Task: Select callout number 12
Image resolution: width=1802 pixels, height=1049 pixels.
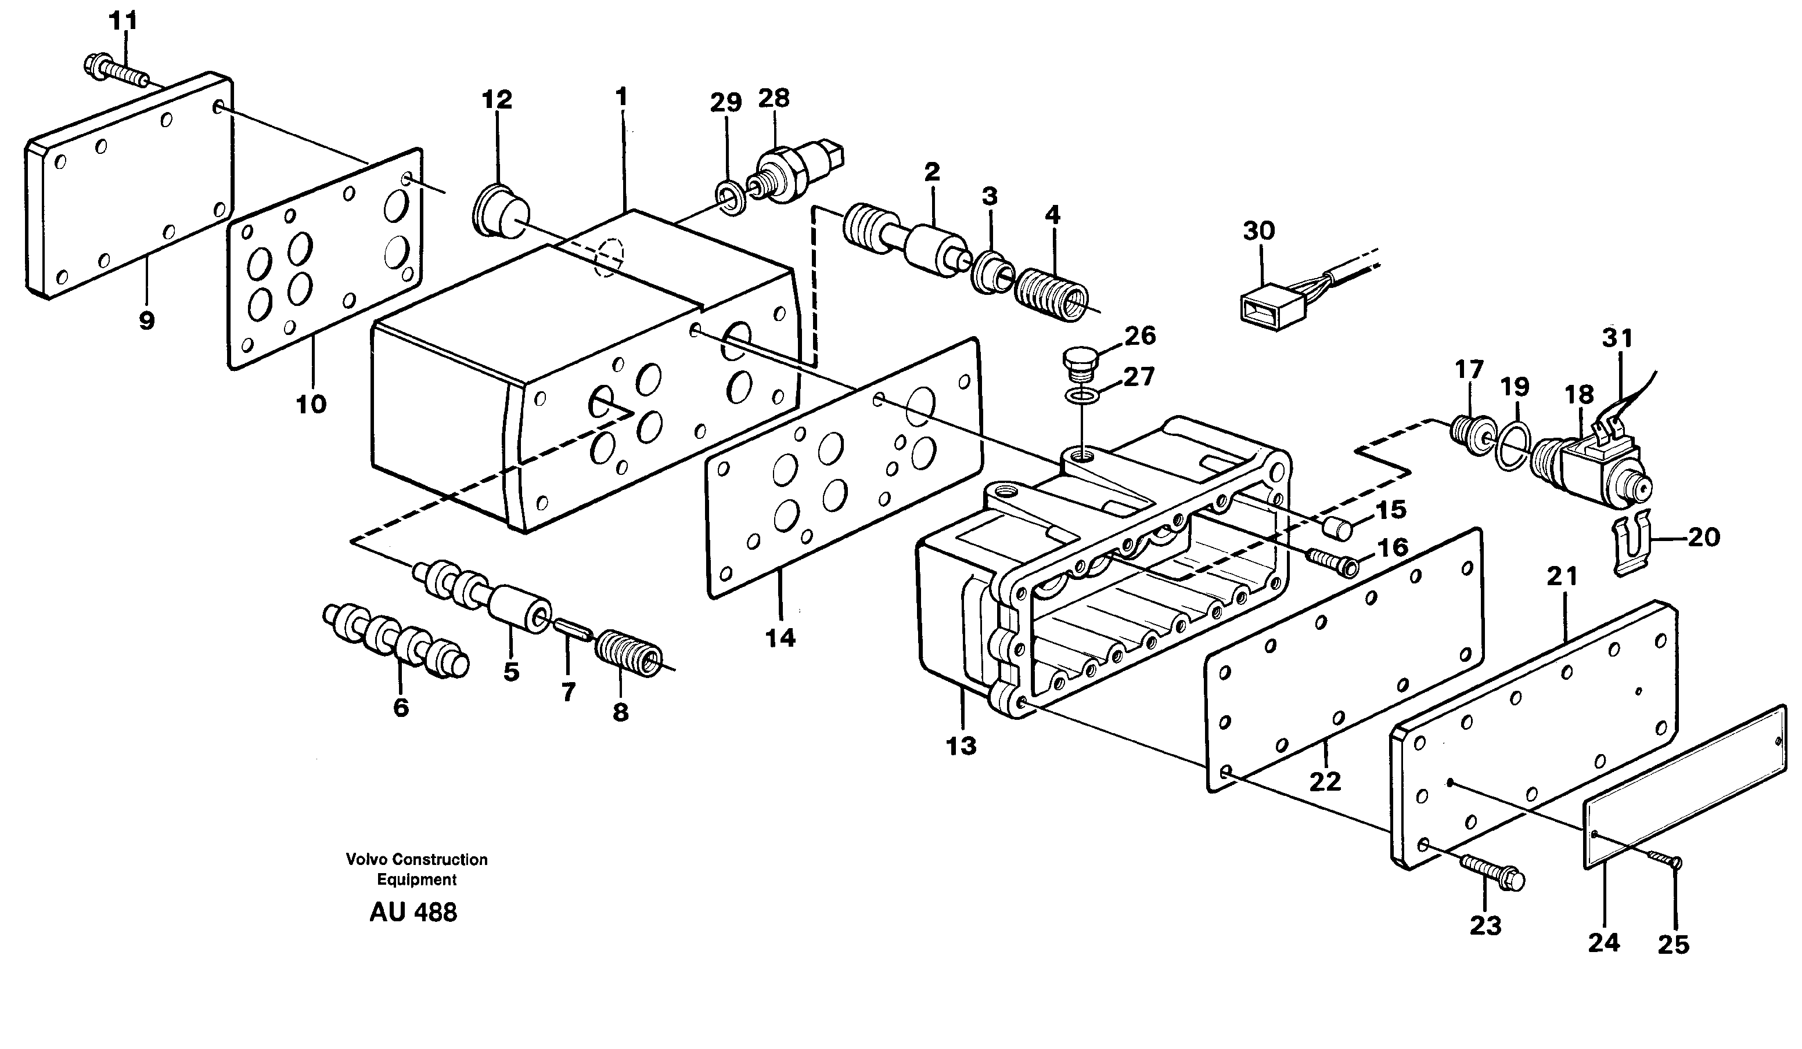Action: (497, 99)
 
